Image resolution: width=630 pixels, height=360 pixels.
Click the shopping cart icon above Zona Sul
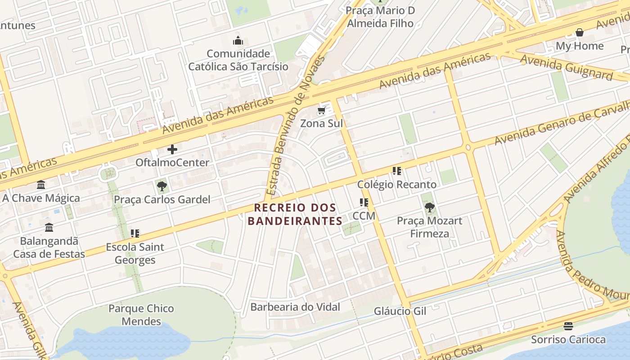tap(321, 111)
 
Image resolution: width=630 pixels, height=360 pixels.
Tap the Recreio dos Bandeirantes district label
tap(295, 214)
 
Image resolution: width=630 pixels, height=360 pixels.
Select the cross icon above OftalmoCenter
tap(172, 149)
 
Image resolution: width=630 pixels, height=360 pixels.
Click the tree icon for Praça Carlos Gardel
tap(162, 186)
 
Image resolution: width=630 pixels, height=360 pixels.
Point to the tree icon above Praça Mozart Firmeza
tap(429, 207)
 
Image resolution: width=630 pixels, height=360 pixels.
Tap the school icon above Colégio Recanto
tap(396, 171)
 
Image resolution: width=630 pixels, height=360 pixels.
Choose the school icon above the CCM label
tap(364, 202)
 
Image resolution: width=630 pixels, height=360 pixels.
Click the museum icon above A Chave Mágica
tap(41, 184)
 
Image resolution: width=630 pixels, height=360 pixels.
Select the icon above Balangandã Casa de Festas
tap(49, 227)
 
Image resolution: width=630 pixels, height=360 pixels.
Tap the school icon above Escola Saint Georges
tap(135, 234)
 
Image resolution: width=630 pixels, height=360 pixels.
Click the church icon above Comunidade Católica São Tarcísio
tap(238, 41)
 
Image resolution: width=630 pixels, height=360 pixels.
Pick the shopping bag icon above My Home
tap(580, 32)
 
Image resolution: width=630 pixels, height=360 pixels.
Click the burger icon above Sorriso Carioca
tap(568, 326)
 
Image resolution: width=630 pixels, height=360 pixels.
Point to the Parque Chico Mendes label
tap(141, 315)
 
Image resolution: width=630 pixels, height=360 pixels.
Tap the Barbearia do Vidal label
tap(295, 307)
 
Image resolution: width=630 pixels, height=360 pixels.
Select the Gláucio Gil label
tap(400, 311)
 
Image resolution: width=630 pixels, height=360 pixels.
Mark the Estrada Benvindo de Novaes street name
tap(295, 126)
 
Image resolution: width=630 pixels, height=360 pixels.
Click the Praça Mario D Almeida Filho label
tap(380, 17)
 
